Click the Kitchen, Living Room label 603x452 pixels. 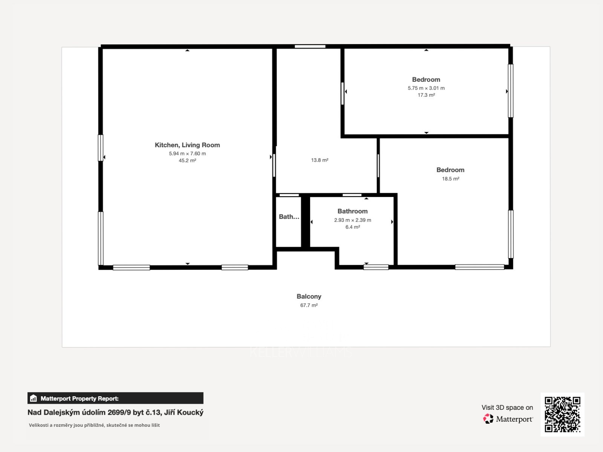click(x=187, y=145)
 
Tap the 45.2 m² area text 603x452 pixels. click(x=187, y=160)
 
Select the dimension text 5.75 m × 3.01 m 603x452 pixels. click(x=426, y=88)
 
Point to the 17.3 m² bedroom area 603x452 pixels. click(x=426, y=95)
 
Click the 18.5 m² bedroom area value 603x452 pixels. click(x=450, y=179)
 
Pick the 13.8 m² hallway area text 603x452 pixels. click(x=320, y=160)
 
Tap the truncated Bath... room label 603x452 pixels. click(x=289, y=217)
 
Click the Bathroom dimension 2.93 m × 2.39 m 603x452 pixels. click(x=352, y=220)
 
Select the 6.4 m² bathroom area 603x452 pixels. click(x=352, y=227)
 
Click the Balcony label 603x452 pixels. click(x=309, y=296)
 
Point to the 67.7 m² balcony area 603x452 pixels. click(x=309, y=305)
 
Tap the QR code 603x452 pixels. click(x=562, y=414)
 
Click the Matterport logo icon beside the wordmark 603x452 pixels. click(x=488, y=419)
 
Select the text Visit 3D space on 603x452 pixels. click(x=507, y=408)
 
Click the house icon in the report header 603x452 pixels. click(x=33, y=398)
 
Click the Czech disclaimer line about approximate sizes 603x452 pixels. click(x=94, y=425)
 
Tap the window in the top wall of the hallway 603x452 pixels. click(x=310, y=46)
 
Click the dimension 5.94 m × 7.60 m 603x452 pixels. click(x=187, y=154)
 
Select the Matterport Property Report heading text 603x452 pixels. click(x=80, y=399)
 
